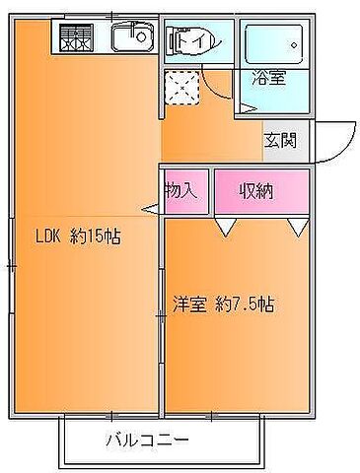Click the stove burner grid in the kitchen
coord(75,39)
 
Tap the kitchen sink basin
coord(131,39)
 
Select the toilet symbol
coord(189,42)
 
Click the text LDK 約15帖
coord(85,236)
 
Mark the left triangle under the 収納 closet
coord(226,229)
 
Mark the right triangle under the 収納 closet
coord(298,229)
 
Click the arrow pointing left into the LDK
coord(150,208)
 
